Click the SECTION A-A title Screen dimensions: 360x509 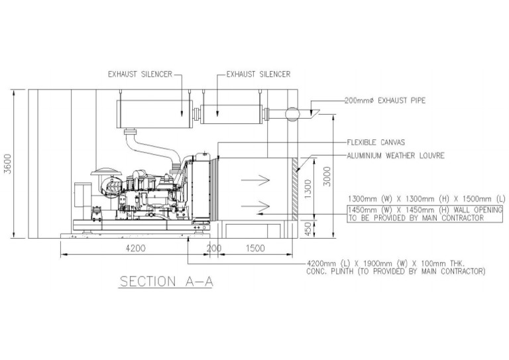coord(166,281)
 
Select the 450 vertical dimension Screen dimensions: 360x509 coord(307,227)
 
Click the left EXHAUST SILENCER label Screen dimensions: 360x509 coord(139,74)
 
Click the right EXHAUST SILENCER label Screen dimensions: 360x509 coord(258,74)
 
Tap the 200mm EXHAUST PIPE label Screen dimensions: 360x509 coord(384,101)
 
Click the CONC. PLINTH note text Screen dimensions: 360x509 coord(396,267)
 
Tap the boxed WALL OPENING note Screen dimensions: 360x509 coord(424,213)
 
